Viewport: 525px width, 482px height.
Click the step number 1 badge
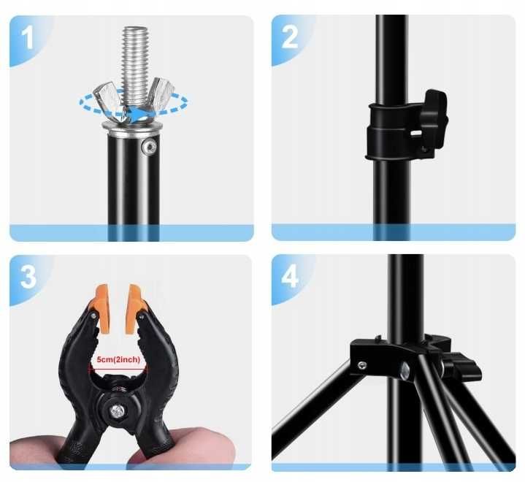click(x=28, y=37)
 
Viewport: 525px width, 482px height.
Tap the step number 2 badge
click(x=290, y=37)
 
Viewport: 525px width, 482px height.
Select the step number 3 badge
click(x=28, y=277)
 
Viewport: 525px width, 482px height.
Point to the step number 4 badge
click(x=290, y=276)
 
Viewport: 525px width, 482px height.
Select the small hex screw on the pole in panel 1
click(x=149, y=146)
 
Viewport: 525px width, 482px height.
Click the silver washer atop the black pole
click(x=133, y=129)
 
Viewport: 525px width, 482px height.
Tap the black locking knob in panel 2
click(x=434, y=119)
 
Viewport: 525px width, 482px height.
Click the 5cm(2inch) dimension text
click(x=118, y=360)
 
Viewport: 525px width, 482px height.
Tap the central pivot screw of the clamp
click(x=118, y=410)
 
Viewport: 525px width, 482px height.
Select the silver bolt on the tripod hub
click(x=405, y=370)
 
